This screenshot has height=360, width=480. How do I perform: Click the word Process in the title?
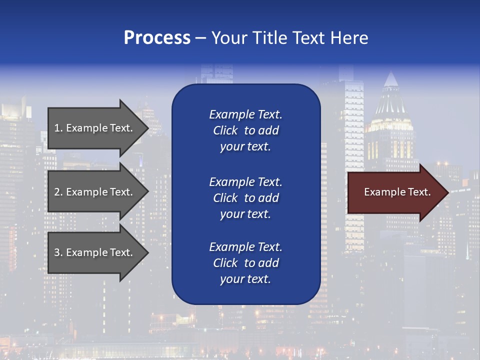(x=157, y=38)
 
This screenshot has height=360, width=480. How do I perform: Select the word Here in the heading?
(x=348, y=38)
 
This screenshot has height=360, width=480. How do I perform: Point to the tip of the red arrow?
(x=447, y=192)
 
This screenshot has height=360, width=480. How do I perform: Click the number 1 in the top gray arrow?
(x=57, y=128)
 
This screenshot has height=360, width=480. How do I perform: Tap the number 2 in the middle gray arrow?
(x=57, y=192)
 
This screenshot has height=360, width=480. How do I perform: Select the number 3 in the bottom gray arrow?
(x=57, y=253)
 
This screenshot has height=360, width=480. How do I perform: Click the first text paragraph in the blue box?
(x=245, y=130)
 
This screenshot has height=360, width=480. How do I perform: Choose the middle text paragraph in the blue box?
(x=245, y=198)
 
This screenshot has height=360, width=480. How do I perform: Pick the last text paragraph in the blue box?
(x=245, y=263)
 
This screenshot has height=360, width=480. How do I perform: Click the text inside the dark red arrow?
(x=397, y=192)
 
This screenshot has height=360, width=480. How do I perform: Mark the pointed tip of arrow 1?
(x=148, y=128)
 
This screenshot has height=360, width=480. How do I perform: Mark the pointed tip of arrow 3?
(x=148, y=253)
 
